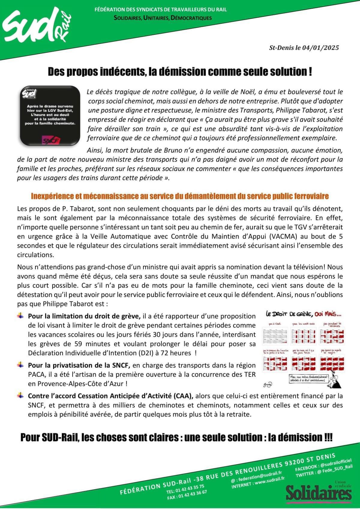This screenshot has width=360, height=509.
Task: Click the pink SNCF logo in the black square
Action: (x=51, y=141)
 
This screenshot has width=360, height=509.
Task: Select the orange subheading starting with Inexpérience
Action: (x=180, y=196)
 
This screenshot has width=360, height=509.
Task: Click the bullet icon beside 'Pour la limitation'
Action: (x=20, y=316)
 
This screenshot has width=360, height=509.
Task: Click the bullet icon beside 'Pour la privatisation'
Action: (x=20, y=365)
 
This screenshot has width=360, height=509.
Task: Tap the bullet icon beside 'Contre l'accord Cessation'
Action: (x=20, y=395)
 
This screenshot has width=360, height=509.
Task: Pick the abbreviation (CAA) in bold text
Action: (x=183, y=396)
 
